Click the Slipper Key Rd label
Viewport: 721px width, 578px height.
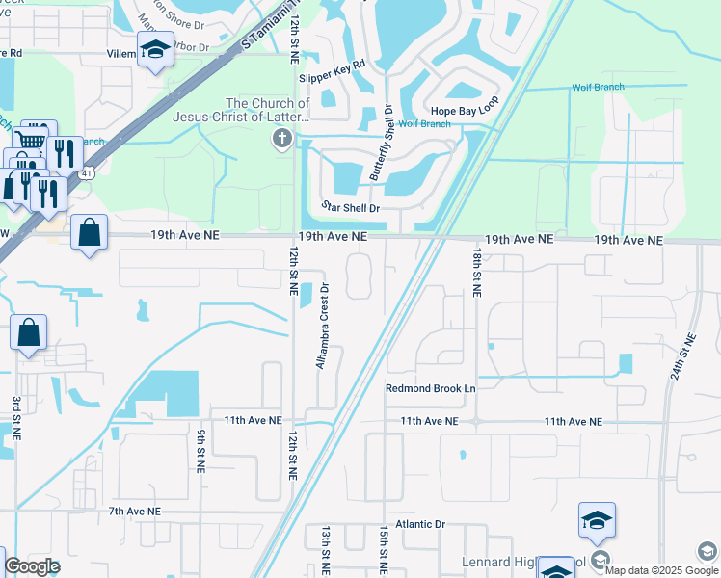pyautogui.click(x=333, y=70)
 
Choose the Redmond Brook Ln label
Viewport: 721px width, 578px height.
pyautogui.click(x=431, y=389)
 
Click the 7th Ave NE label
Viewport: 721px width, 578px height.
pyautogui.click(x=134, y=511)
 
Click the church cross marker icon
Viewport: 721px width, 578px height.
pyautogui.click(x=283, y=141)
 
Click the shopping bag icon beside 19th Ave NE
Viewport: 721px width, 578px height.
pyautogui.click(x=89, y=232)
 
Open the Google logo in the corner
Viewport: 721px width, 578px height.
pyautogui.click(x=32, y=566)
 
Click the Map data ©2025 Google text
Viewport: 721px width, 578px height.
pyautogui.click(x=662, y=570)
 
